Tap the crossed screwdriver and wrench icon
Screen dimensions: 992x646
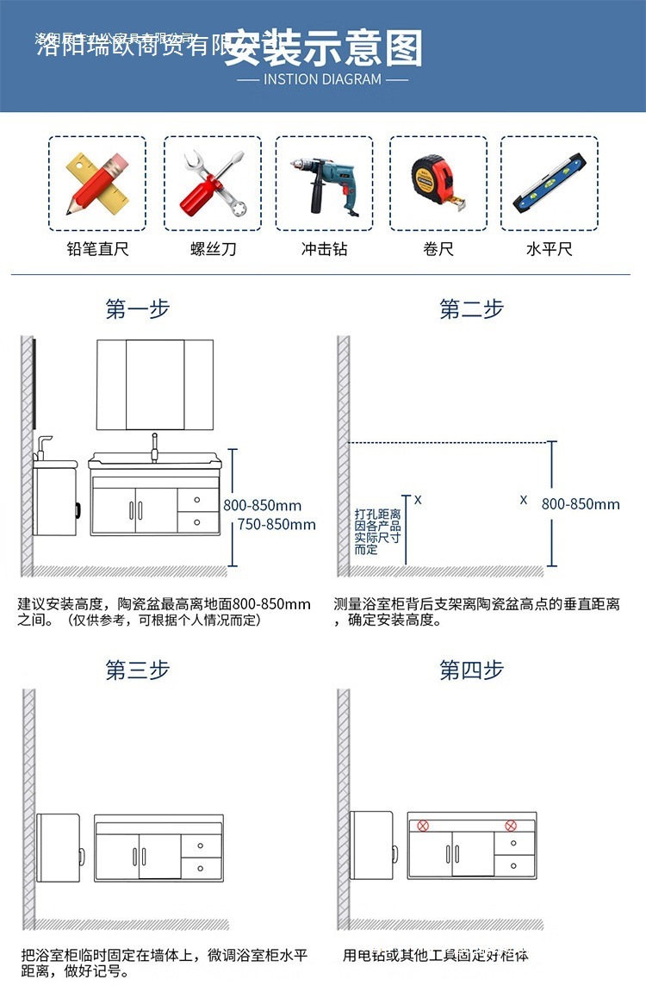coord(213,184)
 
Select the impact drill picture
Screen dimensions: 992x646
coord(324,184)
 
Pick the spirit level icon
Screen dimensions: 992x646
coord(550,184)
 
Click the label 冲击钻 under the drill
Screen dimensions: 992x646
coord(324,249)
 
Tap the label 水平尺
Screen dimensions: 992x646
coord(550,249)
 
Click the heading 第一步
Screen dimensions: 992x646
coord(138,309)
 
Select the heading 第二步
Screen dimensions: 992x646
coord(471,309)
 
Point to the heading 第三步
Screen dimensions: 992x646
coord(138,670)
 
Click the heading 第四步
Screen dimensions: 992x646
coord(471,670)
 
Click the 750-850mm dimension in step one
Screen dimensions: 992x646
coord(276,524)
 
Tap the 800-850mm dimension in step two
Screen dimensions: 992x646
coord(581,504)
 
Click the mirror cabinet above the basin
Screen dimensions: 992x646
coord(155,384)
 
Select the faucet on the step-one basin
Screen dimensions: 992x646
coord(155,446)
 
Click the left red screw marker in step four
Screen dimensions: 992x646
coord(423,825)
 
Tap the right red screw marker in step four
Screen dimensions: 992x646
coord(510,825)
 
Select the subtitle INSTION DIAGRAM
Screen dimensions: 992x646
coord(322,79)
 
